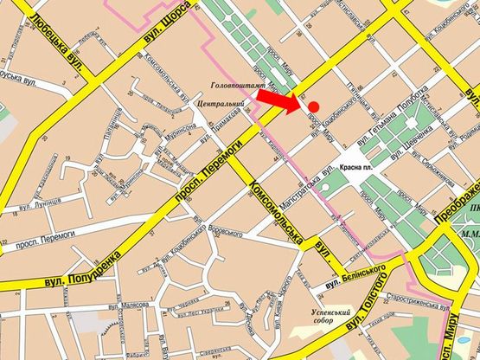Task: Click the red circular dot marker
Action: (314, 106)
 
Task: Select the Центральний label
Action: (221, 104)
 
